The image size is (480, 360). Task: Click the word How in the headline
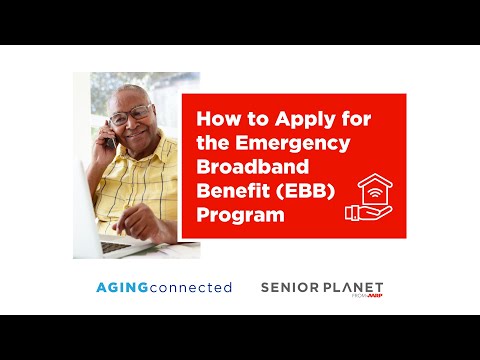click(212, 119)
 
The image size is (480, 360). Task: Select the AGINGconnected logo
click(164, 288)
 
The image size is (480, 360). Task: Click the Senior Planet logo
click(321, 288)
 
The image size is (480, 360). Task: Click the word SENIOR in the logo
click(287, 287)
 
